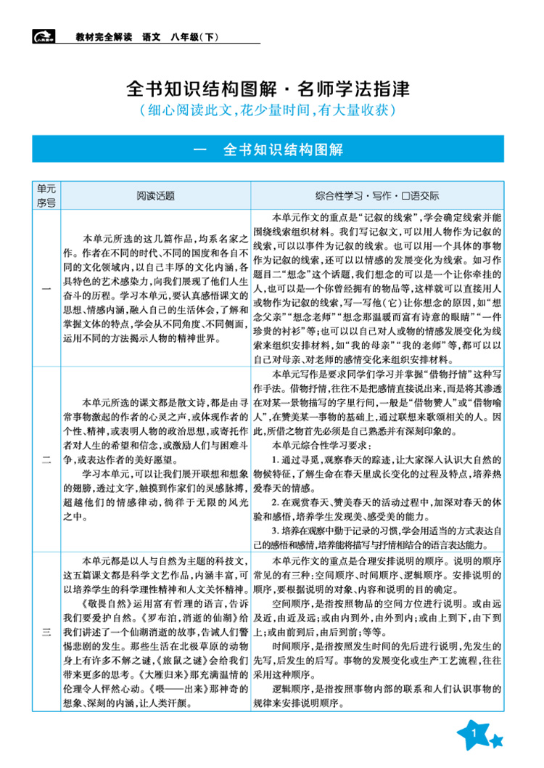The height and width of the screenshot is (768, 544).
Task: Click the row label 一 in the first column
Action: [x=46, y=289]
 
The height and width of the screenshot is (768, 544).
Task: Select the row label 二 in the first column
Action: [x=46, y=459]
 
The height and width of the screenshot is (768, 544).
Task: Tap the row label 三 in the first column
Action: [x=46, y=633]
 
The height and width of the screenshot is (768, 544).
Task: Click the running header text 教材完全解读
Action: [x=104, y=37]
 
